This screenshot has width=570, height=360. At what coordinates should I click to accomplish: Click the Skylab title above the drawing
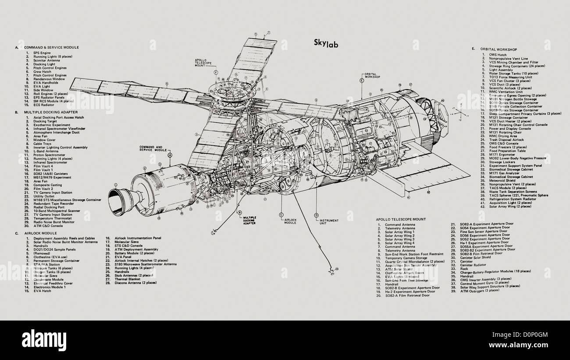pos(325,43)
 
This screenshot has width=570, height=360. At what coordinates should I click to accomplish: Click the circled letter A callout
pos(170,154)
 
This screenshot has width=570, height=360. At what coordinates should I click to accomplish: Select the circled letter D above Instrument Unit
pos(316,215)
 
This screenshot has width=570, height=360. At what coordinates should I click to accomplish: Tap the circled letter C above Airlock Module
pos(280,215)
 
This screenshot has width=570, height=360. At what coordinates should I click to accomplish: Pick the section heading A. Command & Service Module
pos(50,47)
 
